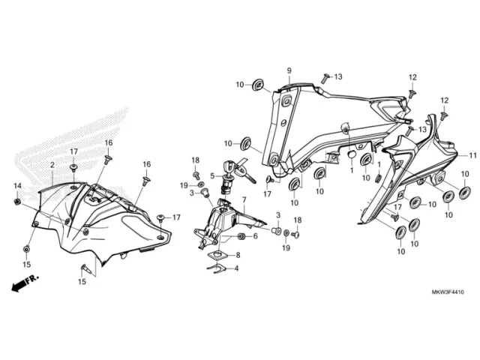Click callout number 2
pyautogui.click(x=52, y=165)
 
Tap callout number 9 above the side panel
pyautogui.click(x=289, y=70)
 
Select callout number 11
pyautogui.click(x=473, y=155)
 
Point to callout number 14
pyautogui.click(x=17, y=185)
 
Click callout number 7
pyautogui.click(x=244, y=200)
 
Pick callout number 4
pyautogui.click(x=236, y=268)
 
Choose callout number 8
pyautogui.click(x=238, y=255)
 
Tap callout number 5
pyautogui.click(x=212, y=176)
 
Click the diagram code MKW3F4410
pyautogui.click(x=448, y=292)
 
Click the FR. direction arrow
pyautogui.click(x=25, y=283)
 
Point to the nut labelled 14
pyautogui.click(x=17, y=202)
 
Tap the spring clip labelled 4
pyautogui.click(x=217, y=268)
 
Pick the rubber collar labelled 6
pyautogui.click(x=241, y=237)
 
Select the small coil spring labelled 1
pyautogui.click(x=377, y=178)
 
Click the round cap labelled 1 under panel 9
pyautogui.click(x=351, y=154)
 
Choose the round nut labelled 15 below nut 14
pyautogui.click(x=27, y=249)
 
